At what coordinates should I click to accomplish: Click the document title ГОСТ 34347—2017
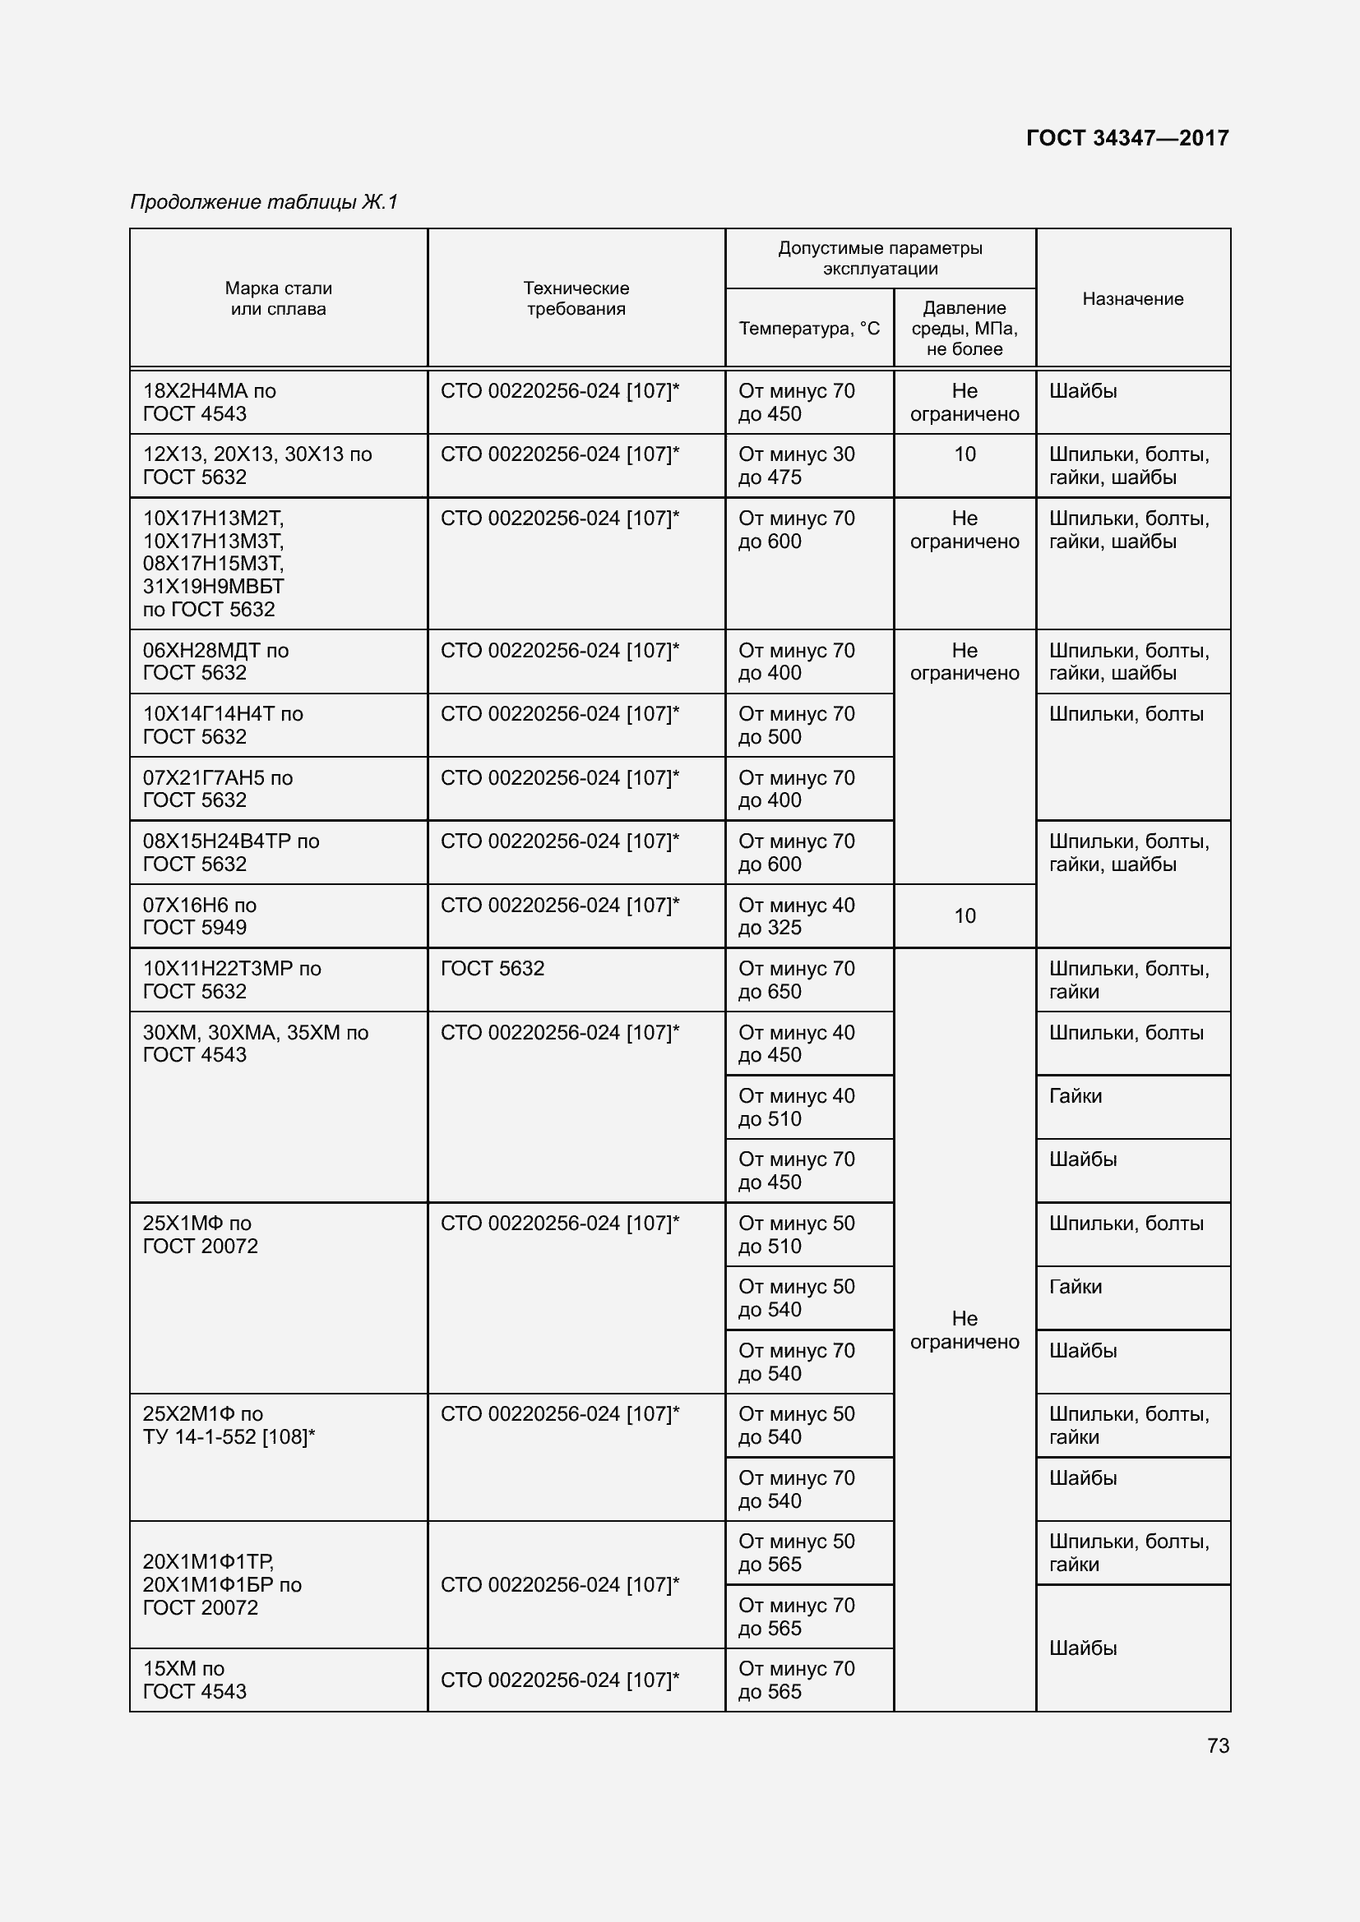click(1127, 138)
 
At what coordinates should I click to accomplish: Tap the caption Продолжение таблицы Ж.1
click(264, 202)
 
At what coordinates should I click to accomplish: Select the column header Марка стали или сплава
click(278, 299)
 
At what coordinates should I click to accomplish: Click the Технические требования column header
click(576, 299)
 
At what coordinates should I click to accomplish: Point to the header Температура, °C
click(809, 328)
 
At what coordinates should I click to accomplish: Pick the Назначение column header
click(1132, 299)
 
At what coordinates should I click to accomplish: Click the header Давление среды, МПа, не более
click(964, 328)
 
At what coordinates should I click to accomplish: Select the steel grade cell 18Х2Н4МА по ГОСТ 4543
click(210, 402)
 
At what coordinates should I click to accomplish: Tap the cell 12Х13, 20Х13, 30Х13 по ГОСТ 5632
click(257, 465)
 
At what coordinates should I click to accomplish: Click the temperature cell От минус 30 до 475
click(797, 465)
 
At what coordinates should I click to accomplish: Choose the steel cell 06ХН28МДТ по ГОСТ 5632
click(215, 661)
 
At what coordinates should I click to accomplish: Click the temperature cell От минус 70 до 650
click(797, 979)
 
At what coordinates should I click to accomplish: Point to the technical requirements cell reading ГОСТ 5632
click(493, 969)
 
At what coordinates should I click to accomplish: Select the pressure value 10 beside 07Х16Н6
click(964, 915)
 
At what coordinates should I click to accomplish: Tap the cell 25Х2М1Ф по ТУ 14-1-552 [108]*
click(229, 1426)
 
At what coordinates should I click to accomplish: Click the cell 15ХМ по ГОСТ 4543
click(195, 1680)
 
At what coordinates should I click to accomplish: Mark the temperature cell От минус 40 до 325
click(797, 915)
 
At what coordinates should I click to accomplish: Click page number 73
click(1218, 1745)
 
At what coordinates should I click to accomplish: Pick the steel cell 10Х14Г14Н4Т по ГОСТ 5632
click(223, 725)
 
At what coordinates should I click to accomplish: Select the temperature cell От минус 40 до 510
click(797, 1107)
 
